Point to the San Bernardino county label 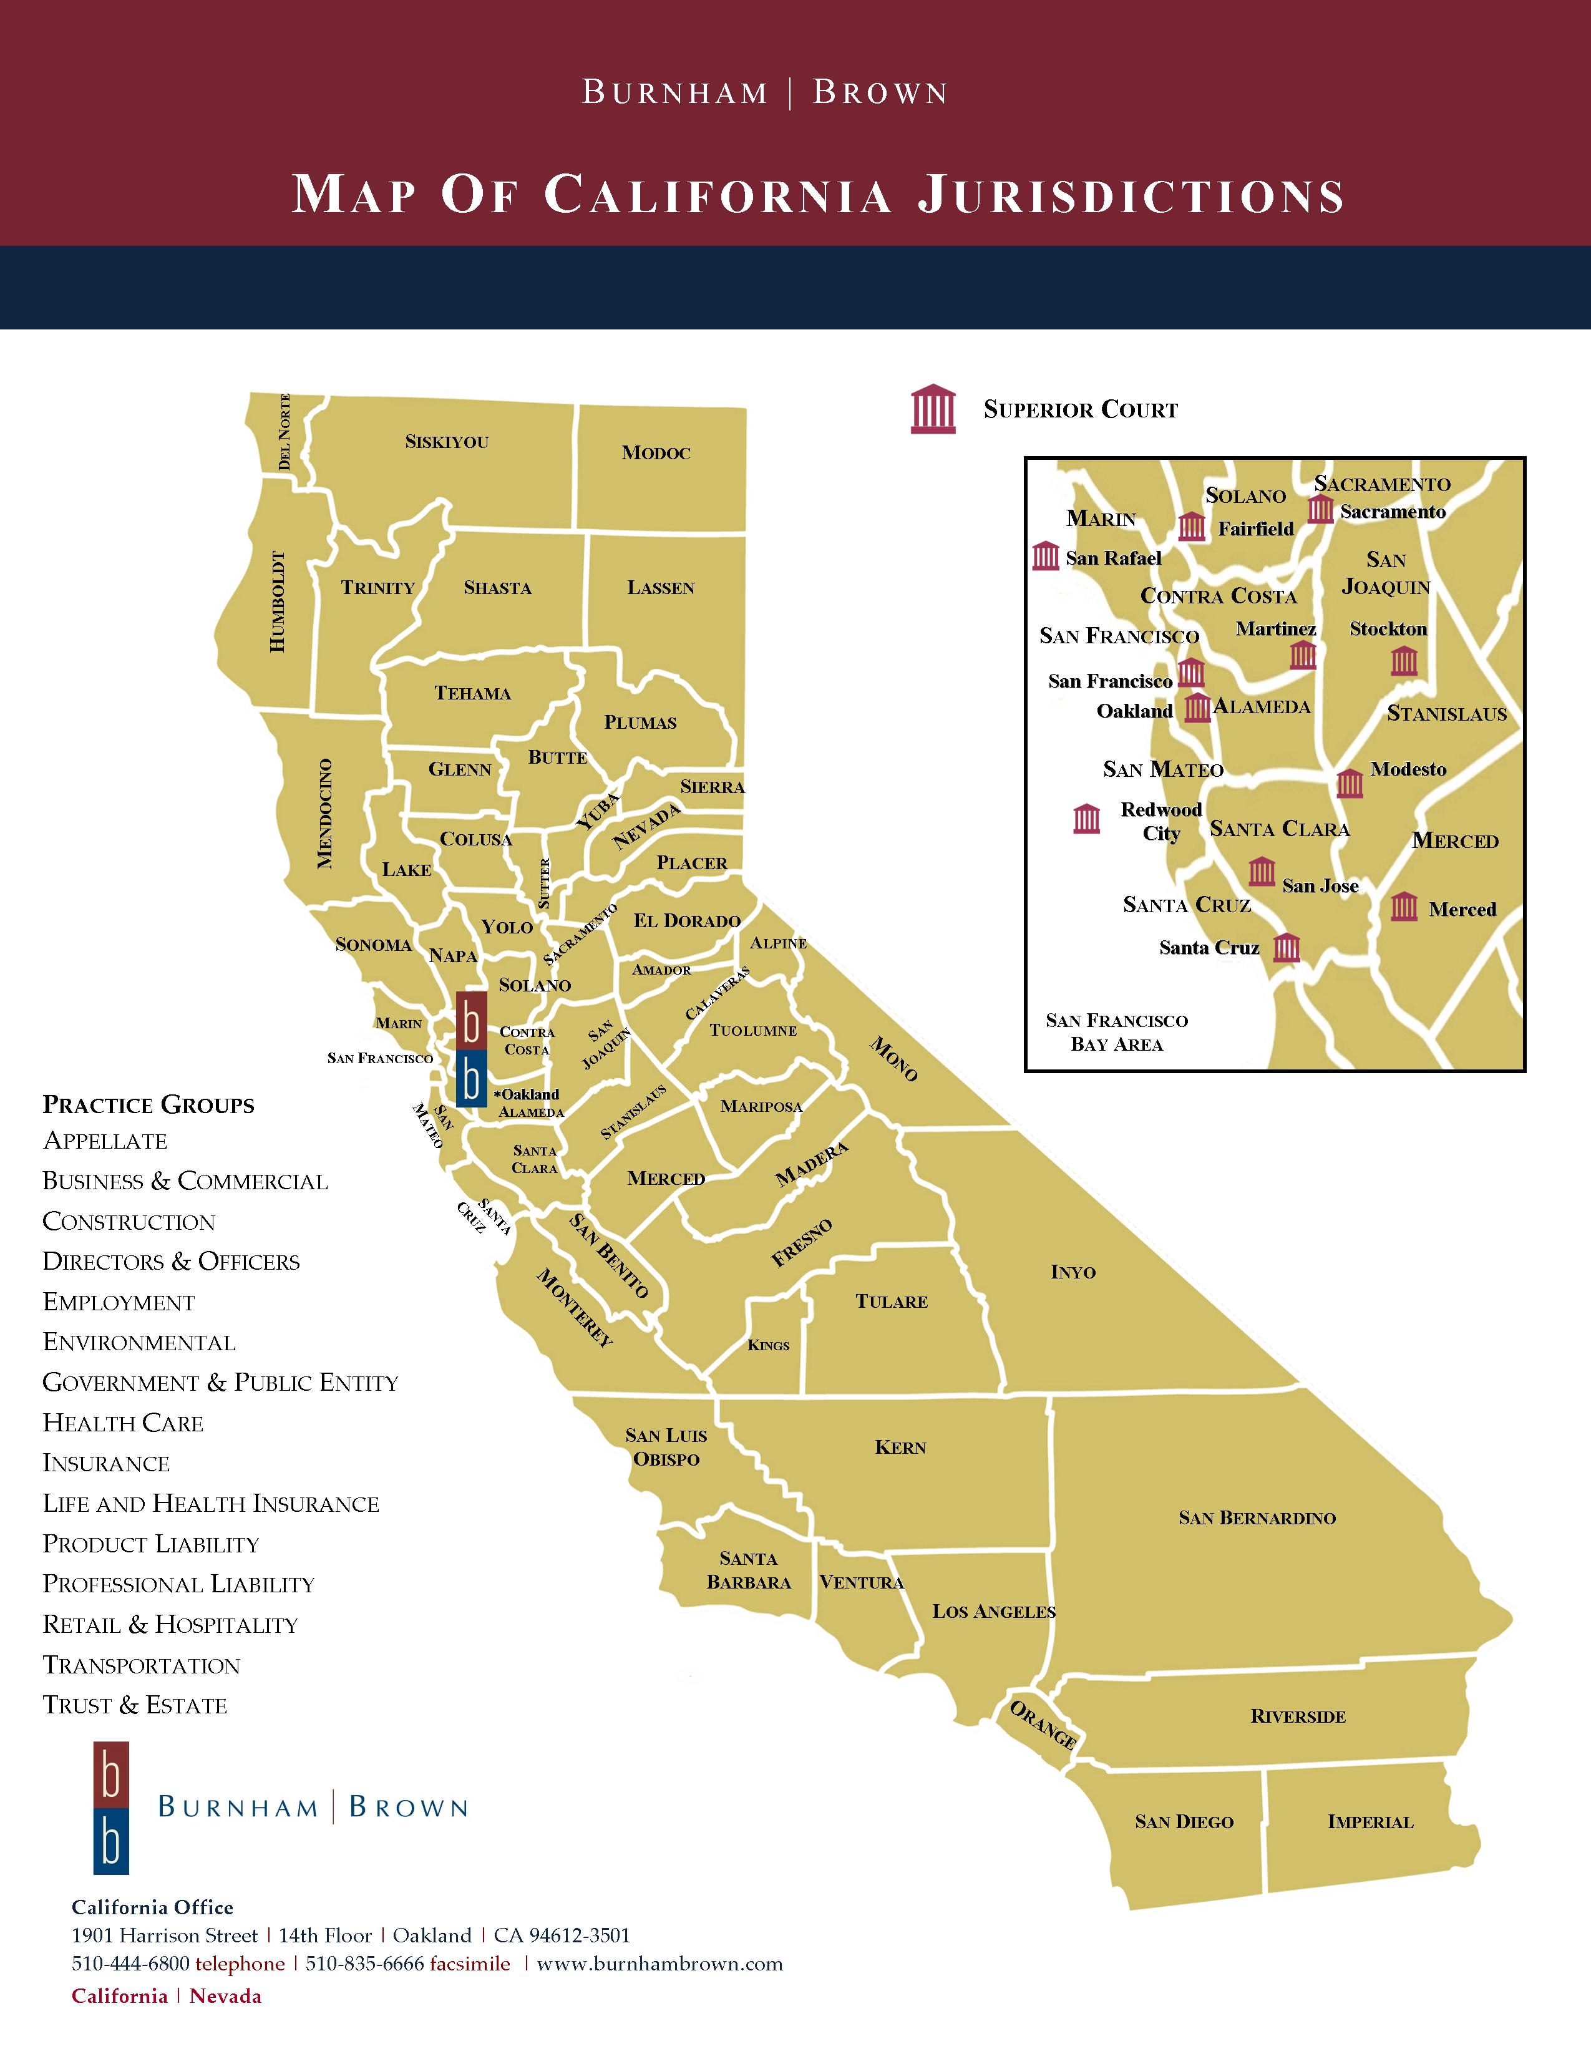[1257, 1518]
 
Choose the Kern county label [900, 1447]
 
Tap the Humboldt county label [276, 600]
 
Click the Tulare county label [892, 1302]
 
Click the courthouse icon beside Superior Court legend [933, 409]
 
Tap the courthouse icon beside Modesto [1350, 782]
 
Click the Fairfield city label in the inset [1255, 529]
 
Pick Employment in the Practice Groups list [119, 1302]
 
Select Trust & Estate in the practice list [135, 1705]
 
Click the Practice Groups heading [148, 1105]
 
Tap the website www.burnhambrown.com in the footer [659, 1964]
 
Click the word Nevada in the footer [225, 1996]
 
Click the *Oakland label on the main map [527, 1094]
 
